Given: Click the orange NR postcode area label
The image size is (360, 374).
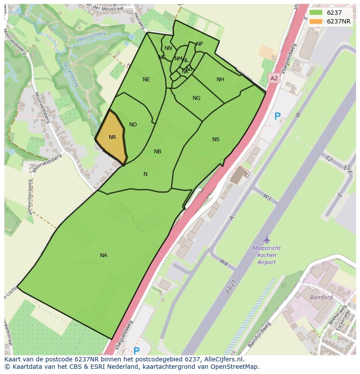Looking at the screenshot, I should point(112,137).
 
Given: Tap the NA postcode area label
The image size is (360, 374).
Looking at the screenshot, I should point(103,255).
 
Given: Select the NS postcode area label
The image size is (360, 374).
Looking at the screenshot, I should point(216,139).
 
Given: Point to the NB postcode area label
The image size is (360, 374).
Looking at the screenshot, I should point(157,152).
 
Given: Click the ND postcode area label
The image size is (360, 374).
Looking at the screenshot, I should point(133,125).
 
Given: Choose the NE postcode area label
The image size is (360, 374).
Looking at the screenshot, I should point(146,79).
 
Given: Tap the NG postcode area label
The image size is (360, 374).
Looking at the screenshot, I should point(197,98).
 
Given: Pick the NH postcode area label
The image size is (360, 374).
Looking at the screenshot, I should point(220,79).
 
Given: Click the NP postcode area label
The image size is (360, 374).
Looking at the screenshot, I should point(200,44).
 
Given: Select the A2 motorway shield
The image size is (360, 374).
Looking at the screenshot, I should point(273,78).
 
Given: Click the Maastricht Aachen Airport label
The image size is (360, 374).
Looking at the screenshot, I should point(267,255).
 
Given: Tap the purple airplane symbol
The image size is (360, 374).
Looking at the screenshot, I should point(267,240).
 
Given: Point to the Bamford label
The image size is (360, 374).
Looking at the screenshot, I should point(321,298).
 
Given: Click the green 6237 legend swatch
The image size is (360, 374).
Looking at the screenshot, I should point(316,13).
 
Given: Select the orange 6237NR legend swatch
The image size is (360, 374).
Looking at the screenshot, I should point(316,21).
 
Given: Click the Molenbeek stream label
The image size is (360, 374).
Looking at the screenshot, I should point(70,74).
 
